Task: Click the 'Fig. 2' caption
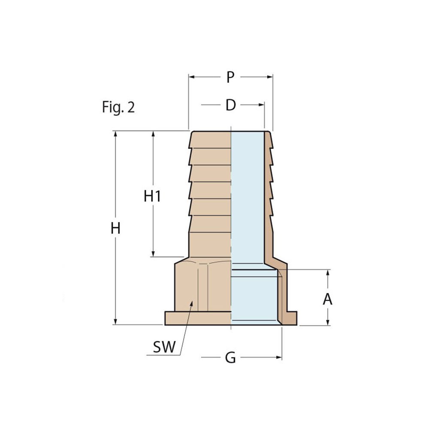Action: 118,107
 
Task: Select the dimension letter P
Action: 231,77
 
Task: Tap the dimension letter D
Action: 231,105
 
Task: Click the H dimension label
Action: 115,228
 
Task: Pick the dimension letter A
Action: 328,299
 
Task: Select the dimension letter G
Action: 231,357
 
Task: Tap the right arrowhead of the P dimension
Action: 270,77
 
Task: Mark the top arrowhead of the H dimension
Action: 115,134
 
